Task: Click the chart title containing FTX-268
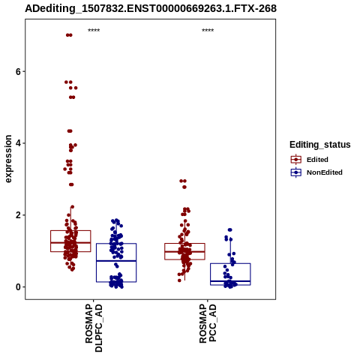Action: [151, 9]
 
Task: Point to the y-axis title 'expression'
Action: [8, 159]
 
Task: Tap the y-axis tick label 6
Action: [18, 72]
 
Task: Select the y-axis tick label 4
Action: [18, 143]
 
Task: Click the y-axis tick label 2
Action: [18, 215]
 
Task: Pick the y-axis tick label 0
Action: [18, 287]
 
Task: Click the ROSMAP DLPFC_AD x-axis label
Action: [94, 328]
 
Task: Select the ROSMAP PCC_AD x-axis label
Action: [208, 323]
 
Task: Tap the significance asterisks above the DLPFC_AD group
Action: [94, 31]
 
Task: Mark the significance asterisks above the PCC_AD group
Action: [208, 31]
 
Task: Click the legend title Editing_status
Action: [320, 145]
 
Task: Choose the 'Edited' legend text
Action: [317, 160]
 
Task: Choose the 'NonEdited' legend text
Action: [325, 172]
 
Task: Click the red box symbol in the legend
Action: [296, 159]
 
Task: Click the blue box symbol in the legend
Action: [296, 172]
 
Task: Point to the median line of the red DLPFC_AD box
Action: [70, 242]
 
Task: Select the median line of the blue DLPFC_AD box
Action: [116, 261]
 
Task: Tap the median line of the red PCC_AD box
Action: [184, 251]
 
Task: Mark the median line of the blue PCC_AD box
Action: [230, 281]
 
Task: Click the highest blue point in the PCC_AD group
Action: [229, 229]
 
